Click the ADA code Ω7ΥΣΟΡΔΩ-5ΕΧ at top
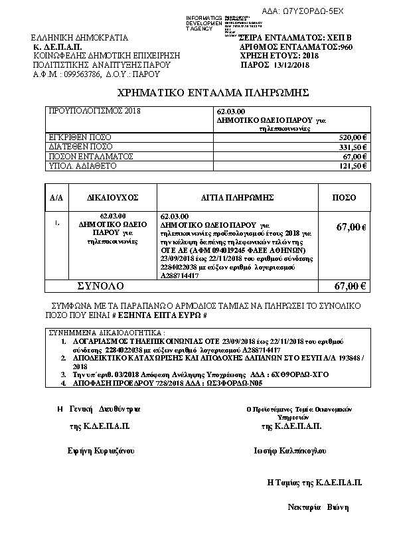[x=321, y=12]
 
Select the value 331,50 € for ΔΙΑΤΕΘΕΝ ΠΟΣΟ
[x=353, y=147]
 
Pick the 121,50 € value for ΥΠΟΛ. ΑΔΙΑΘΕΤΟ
[x=353, y=165]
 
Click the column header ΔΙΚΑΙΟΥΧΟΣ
[x=112, y=198]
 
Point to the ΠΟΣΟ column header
[x=344, y=198]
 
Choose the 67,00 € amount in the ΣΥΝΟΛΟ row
[x=351, y=286]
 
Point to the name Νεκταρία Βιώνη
[x=318, y=507]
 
